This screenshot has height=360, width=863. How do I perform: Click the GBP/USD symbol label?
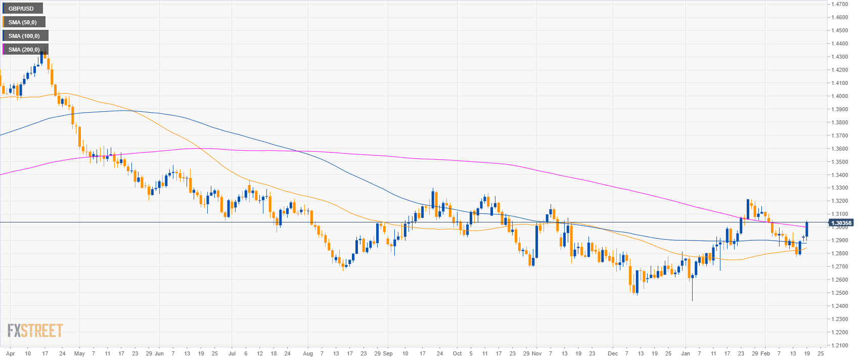(21, 9)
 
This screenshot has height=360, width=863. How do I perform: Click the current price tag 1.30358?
(841, 222)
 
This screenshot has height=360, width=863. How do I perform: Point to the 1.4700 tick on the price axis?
(839, 4)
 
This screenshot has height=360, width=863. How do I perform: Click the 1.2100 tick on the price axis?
(839, 345)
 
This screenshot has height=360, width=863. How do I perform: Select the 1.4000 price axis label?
(839, 96)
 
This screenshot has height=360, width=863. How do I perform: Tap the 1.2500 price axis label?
(839, 293)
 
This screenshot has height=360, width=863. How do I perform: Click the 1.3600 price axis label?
(839, 149)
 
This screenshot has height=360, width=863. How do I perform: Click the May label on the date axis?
(79, 353)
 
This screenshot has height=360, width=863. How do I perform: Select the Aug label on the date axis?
(308, 353)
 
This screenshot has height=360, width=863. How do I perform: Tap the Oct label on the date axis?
(457, 353)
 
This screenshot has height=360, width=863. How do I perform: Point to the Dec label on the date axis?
(613, 353)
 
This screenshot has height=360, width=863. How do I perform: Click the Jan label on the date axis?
(686, 353)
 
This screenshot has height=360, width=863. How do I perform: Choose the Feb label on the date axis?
(765, 353)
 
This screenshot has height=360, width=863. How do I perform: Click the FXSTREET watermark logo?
(35, 331)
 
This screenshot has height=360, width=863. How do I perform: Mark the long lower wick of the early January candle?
(692, 291)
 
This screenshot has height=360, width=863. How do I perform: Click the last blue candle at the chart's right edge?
(806, 230)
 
